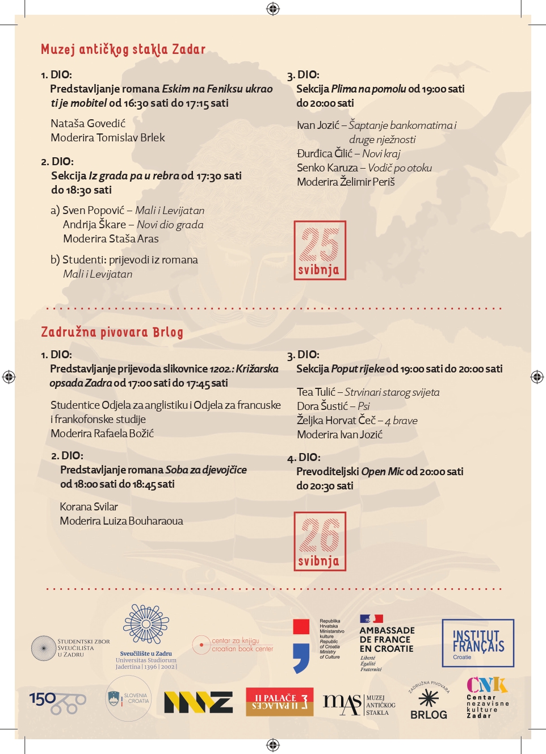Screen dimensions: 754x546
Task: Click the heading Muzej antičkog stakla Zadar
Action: coord(123,49)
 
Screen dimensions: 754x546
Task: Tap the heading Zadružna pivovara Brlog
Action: coord(112,332)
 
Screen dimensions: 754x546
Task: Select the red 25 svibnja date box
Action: coord(320,250)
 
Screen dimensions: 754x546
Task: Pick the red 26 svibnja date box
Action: coord(320,541)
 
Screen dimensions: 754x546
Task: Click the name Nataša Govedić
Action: coord(88,123)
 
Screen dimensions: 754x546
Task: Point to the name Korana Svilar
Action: coord(89,506)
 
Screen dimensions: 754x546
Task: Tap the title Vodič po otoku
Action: coord(400,167)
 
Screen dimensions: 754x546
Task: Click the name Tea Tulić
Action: coord(316,392)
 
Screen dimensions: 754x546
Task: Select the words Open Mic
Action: coord(382,471)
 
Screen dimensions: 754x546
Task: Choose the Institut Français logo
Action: coord(478,643)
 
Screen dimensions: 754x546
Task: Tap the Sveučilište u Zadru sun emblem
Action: coord(146,624)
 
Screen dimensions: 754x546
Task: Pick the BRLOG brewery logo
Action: coord(429,701)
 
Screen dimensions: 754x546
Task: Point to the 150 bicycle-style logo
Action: coord(57,702)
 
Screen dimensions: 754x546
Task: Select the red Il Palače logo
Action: coord(279,702)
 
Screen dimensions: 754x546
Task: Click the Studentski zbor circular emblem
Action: coord(43,648)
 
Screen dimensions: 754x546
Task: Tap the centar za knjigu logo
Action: coord(233,644)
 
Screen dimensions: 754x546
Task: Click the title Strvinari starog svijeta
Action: coord(392,392)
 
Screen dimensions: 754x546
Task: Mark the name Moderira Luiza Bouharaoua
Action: coord(121,521)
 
